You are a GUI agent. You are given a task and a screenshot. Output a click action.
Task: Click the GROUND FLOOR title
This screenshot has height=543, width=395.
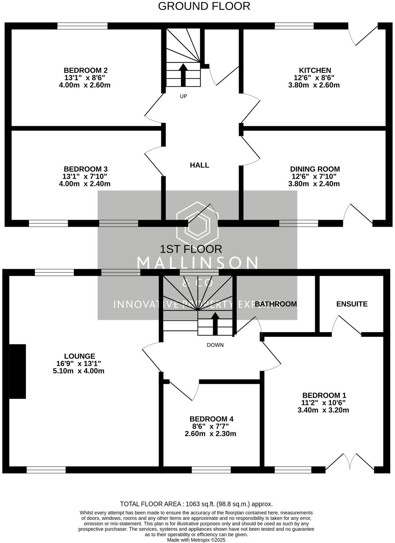(204, 6)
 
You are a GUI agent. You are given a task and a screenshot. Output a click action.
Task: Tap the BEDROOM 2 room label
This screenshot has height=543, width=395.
(86, 70)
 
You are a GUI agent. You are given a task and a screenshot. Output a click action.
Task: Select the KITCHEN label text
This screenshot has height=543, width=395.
(315, 70)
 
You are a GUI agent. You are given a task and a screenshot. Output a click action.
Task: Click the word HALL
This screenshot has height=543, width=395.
(199, 165)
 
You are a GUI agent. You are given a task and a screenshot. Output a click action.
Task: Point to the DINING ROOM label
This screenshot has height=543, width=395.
(315, 169)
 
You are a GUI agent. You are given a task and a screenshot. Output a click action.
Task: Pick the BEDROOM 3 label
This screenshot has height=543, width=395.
(86, 169)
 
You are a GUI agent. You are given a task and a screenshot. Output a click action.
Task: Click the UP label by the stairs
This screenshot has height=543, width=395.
(183, 96)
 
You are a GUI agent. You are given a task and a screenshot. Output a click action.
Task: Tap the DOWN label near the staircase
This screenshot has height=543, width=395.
(215, 345)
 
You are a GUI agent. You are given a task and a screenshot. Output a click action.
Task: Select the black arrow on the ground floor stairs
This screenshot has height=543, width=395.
(183, 74)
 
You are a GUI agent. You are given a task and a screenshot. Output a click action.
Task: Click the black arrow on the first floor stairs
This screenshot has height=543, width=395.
(215, 323)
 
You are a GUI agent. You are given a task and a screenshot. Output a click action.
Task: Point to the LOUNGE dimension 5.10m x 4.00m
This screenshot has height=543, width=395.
(79, 371)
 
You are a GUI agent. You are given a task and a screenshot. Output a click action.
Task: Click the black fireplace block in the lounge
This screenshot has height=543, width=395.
(17, 371)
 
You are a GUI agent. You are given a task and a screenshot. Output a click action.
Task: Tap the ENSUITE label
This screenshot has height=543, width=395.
(352, 304)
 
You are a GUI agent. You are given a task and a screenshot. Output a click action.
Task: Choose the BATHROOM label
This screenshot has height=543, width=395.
(276, 304)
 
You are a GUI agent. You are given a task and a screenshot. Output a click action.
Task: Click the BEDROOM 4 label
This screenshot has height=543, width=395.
(212, 419)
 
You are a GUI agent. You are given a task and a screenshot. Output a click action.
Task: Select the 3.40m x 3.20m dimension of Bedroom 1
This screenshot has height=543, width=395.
(323, 410)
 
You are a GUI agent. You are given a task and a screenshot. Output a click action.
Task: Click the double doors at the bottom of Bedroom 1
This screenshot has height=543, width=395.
(350, 463)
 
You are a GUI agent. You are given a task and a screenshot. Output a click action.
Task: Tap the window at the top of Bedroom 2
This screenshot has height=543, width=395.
(82, 26)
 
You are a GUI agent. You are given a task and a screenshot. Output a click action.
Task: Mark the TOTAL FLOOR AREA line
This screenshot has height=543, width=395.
(196, 504)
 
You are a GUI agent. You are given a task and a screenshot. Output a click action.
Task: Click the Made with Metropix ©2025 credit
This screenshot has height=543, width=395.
(196, 540)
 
